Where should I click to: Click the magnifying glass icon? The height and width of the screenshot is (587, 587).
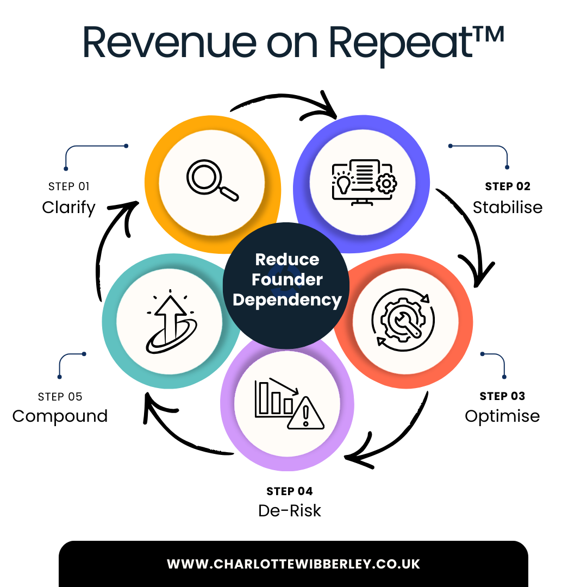click(x=213, y=180)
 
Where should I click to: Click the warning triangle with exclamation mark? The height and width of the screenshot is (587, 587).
click(x=305, y=414)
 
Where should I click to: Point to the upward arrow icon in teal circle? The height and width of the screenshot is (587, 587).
click(x=170, y=321)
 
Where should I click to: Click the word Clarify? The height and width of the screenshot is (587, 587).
click(x=68, y=208)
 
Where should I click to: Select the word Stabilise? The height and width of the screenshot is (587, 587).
click(x=507, y=207)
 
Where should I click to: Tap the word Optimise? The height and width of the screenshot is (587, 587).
click(x=502, y=416)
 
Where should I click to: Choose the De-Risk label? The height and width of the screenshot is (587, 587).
click(x=290, y=511)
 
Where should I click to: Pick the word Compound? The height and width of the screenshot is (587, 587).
click(x=60, y=416)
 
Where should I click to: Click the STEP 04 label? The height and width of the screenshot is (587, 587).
click(x=290, y=491)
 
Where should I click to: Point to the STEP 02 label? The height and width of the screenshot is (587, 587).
click(x=507, y=186)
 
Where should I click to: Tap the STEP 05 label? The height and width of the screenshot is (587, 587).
click(x=60, y=396)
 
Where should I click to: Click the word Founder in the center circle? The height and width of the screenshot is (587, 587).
click(x=287, y=280)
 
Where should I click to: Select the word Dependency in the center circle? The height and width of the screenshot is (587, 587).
click(x=287, y=300)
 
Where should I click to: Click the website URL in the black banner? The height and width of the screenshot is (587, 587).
click(x=293, y=564)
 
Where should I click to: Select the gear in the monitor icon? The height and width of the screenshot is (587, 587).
click(x=386, y=184)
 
